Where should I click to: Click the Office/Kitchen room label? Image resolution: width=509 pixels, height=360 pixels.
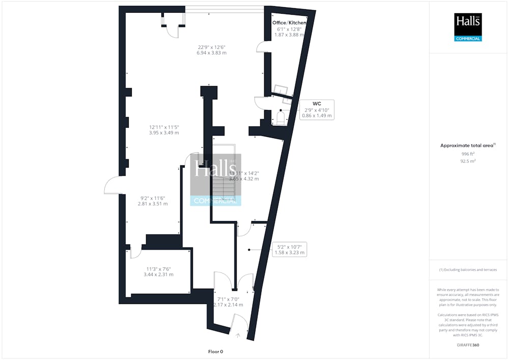click(289, 23)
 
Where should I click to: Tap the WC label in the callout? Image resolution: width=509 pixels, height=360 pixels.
click(317, 103)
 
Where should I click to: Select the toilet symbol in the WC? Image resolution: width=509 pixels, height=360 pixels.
click(280, 118)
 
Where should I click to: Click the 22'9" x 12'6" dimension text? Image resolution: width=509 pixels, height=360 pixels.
click(212, 50)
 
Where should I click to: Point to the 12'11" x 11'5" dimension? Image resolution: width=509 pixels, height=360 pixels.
click(164, 129)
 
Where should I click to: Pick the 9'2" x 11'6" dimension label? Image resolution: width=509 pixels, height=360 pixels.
click(153, 201)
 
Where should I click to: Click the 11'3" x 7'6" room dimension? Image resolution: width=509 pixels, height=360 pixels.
click(158, 271)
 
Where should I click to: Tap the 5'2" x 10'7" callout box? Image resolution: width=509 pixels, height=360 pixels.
click(289, 250)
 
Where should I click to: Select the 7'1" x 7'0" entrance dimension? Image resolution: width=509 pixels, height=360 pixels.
click(228, 301)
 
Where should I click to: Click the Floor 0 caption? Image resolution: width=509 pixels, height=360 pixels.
click(215, 351)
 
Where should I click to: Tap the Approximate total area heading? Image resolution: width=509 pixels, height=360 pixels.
click(467, 146)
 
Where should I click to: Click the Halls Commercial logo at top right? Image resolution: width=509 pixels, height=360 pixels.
click(468, 27)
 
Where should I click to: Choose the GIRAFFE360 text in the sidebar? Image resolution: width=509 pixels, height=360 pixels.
click(468, 345)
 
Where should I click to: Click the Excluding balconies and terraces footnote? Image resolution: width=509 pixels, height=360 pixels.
click(468, 269)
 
